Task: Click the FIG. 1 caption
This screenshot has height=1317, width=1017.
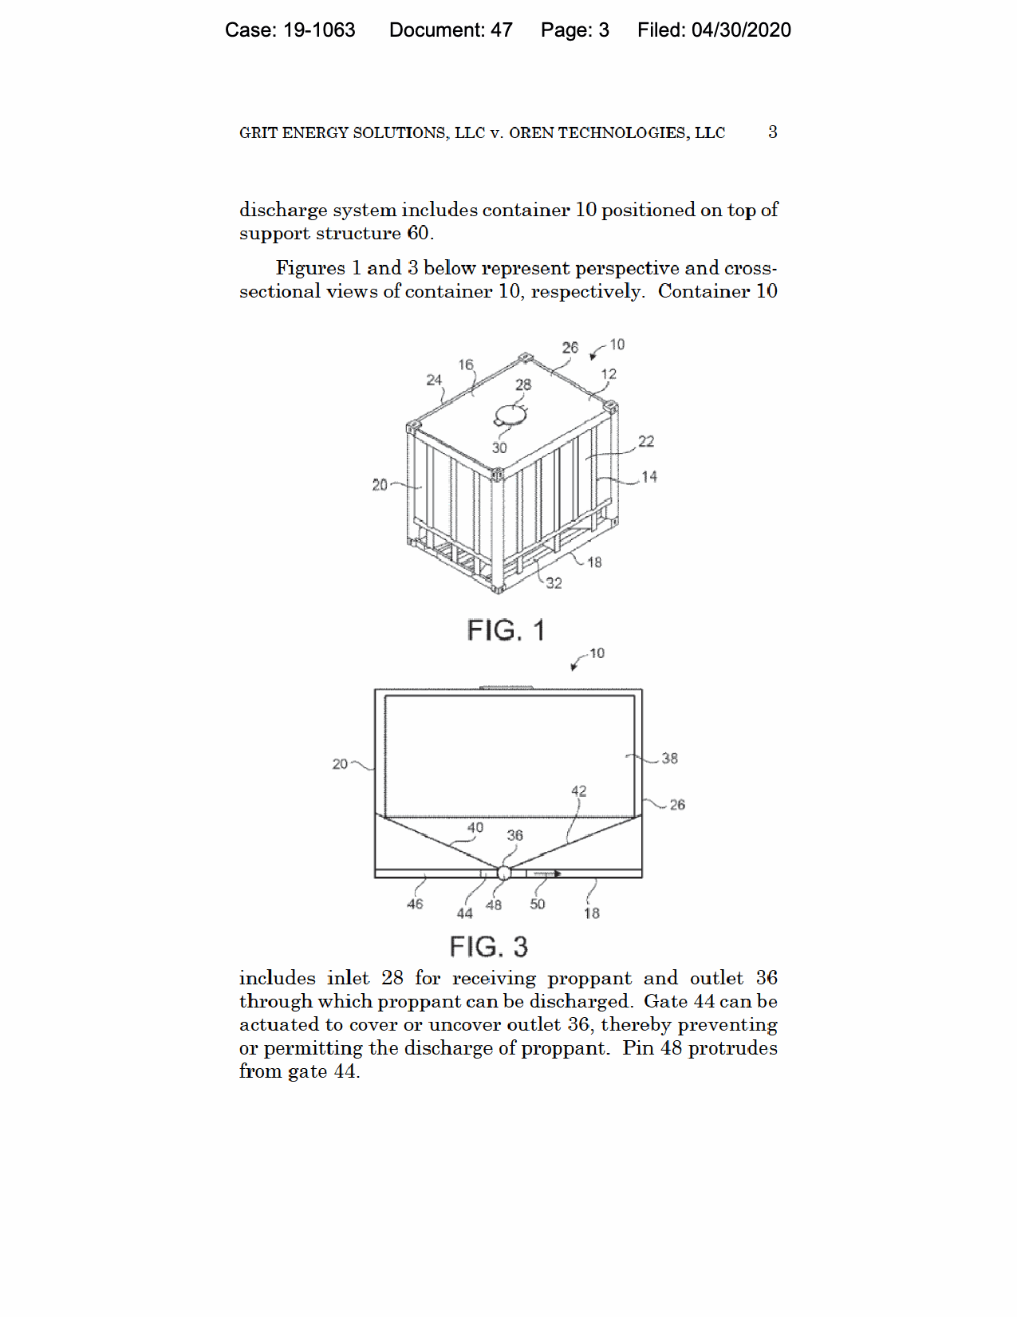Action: (506, 630)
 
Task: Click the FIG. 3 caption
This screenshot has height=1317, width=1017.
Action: (488, 946)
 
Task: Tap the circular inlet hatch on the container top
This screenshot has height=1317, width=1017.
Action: (510, 416)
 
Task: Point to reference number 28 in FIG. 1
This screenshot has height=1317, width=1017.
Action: (523, 384)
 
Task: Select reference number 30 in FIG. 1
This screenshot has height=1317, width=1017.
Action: (499, 448)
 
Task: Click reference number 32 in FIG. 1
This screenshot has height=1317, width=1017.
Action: (554, 583)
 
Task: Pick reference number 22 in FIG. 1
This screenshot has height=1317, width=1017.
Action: (646, 441)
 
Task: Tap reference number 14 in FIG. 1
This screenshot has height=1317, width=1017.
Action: (649, 477)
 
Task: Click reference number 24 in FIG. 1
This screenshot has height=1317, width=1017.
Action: (434, 380)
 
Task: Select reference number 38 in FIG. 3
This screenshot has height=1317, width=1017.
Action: (670, 758)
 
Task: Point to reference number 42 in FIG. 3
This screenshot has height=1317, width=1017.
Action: (579, 791)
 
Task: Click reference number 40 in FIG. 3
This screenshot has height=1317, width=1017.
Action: (475, 827)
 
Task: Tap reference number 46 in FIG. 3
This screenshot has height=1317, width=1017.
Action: (415, 904)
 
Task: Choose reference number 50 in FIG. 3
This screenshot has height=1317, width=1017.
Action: (538, 904)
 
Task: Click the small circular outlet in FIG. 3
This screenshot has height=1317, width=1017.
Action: (503, 873)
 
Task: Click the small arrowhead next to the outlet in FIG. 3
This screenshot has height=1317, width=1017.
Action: (558, 873)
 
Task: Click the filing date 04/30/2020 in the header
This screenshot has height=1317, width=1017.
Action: (741, 30)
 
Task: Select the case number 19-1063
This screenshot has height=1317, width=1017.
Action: (319, 30)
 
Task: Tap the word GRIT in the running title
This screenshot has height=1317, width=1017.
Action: (254, 132)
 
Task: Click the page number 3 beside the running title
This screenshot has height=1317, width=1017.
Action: (773, 132)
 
